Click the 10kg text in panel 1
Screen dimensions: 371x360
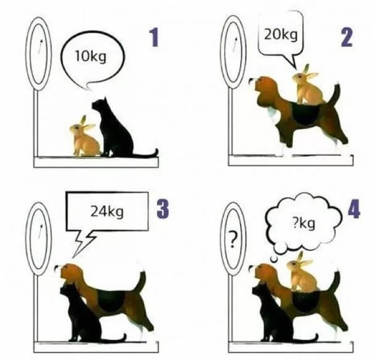90,57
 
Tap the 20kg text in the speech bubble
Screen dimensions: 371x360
280,35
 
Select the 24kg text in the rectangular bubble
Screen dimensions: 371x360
107,211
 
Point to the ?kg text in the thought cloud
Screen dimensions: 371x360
304,224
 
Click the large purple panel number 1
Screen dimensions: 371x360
154,38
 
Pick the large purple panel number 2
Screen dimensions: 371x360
346,37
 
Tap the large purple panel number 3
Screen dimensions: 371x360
163,209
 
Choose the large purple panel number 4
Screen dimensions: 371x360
354,209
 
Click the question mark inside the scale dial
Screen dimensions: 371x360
233,240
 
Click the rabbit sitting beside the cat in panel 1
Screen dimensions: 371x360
85,137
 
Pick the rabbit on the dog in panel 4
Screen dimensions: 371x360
302,272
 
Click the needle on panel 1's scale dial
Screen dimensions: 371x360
40,46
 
